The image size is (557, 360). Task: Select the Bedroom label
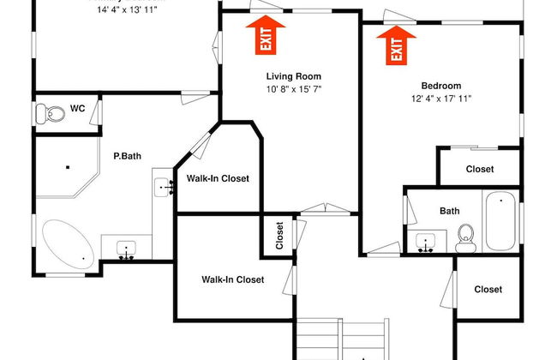(441, 86)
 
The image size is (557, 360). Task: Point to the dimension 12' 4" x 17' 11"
(441, 99)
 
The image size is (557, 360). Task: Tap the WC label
(77, 109)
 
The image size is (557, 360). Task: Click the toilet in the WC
(53, 112)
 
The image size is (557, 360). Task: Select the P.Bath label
(127, 156)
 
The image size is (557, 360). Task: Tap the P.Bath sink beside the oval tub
(127, 249)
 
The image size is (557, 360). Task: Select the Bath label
(450, 210)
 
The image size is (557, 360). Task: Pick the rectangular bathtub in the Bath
(500, 221)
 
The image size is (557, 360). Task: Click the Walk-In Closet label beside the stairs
(232, 279)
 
